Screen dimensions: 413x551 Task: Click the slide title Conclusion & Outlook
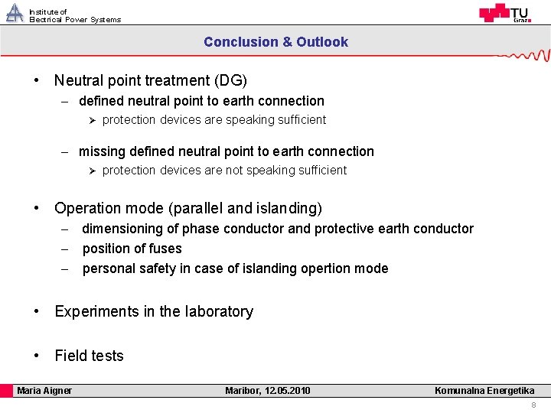[x=275, y=42]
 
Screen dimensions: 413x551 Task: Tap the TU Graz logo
[x=504, y=13]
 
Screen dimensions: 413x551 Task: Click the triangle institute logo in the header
[x=15, y=13]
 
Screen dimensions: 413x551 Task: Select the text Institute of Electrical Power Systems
[x=74, y=16]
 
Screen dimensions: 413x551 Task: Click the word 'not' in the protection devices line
[x=233, y=170]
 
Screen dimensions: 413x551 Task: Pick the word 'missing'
[x=101, y=151]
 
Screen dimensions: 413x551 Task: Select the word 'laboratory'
[x=217, y=311]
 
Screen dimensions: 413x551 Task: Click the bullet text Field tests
[x=89, y=356]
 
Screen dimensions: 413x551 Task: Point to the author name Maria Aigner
[x=44, y=391]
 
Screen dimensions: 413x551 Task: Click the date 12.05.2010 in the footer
[x=288, y=391]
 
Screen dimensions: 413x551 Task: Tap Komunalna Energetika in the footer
[x=484, y=391]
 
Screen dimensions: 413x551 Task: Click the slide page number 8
[x=533, y=405]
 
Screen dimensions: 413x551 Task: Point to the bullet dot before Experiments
[x=37, y=311]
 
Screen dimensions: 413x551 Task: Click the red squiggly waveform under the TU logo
[x=524, y=56]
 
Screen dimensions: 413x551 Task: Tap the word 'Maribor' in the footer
[x=242, y=391]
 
